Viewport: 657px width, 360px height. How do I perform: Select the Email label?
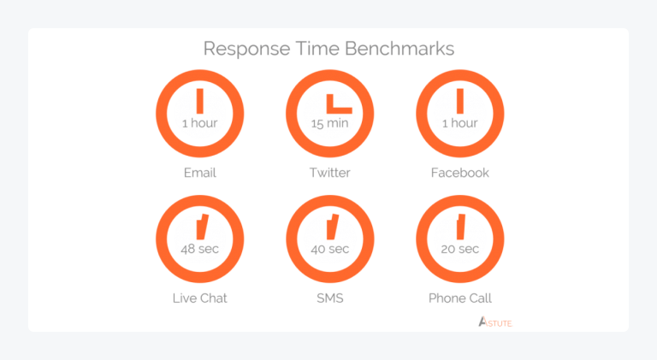[x=199, y=173]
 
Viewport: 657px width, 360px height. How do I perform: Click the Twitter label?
[x=329, y=173]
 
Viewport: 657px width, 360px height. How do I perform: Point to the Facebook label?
[x=459, y=173]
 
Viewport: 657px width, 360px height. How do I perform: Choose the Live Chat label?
[x=199, y=298]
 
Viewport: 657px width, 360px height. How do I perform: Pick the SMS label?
[x=329, y=298]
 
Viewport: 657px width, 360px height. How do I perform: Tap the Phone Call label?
[x=459, y=298]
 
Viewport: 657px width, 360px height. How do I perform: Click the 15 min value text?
[x=329, y=123]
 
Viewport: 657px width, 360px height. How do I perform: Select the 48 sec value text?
[x=199, y=249]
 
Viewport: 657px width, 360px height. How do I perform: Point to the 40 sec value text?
[x=329, y=249]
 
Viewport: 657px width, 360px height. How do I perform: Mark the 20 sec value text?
[x=459, y=249]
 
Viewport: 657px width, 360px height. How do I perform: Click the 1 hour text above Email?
[x=199, y=123]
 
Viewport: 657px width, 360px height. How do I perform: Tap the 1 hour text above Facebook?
[x=459, y=123]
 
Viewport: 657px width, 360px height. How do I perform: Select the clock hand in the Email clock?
[x=199, y=100]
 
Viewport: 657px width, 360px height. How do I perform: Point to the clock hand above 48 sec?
[x=201, y=227]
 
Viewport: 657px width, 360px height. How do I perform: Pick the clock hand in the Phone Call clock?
[x=460, y=227]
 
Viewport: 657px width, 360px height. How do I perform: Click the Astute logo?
[x=495, y=322]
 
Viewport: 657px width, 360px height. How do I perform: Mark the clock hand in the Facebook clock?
[x=459, y=100]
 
